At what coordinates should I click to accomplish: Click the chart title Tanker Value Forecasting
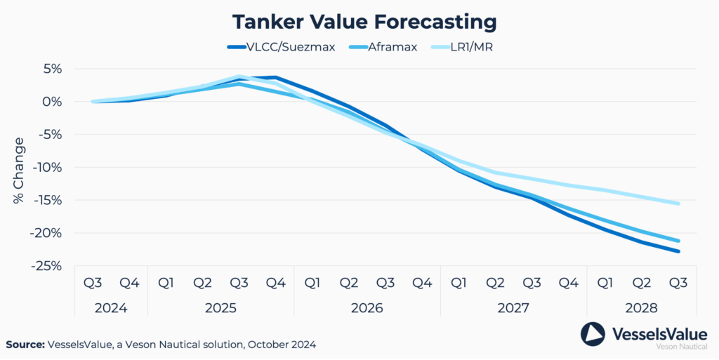[364, 22]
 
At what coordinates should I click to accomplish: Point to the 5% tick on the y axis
[53, 69]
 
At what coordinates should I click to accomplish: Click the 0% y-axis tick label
[53, 102]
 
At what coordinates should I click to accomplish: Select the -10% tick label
[48, 167]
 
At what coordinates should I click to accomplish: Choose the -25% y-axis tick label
[48, 266]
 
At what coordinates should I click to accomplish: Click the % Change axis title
[18, 171]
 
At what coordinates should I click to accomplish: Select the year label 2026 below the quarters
[367, 308]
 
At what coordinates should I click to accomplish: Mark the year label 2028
[641, 308]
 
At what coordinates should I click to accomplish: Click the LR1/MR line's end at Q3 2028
[678, 204]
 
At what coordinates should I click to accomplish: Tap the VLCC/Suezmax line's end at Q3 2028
[678, 251]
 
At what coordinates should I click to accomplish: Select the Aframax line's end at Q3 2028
[678, 241]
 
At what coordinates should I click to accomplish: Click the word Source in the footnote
[25, 345]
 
